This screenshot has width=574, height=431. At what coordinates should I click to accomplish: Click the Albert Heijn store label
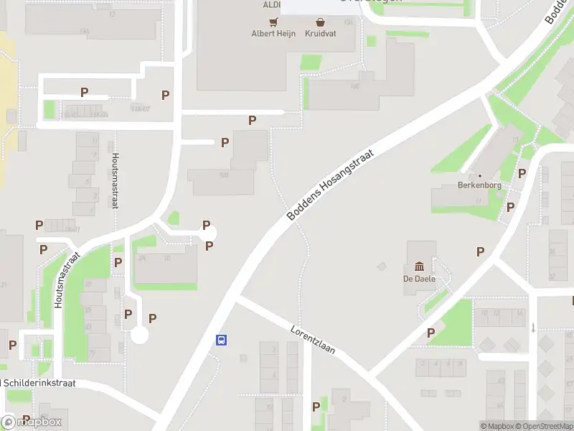click(273, 33)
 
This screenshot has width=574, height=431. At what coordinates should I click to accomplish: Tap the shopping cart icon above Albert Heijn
click(273, 22)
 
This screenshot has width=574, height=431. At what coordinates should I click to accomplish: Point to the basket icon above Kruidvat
click(319, 22)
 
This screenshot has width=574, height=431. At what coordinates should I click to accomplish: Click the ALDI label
click(271, 4)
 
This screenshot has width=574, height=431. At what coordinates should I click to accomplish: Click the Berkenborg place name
click(479, 185)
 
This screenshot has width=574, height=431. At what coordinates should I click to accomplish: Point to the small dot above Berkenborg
click(479, 175)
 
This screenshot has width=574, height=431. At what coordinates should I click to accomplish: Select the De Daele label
click(419, 279)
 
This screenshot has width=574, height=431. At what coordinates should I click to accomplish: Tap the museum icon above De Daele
click(419, 267)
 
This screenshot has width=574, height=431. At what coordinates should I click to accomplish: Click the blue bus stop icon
click(222, 340)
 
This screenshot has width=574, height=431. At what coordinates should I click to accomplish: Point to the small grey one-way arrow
click(533, 328)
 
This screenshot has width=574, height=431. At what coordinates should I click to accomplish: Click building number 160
click(354, 87)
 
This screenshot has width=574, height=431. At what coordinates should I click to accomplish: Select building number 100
click(224, 175)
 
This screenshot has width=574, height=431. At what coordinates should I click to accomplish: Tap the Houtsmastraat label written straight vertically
click(114, 180)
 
